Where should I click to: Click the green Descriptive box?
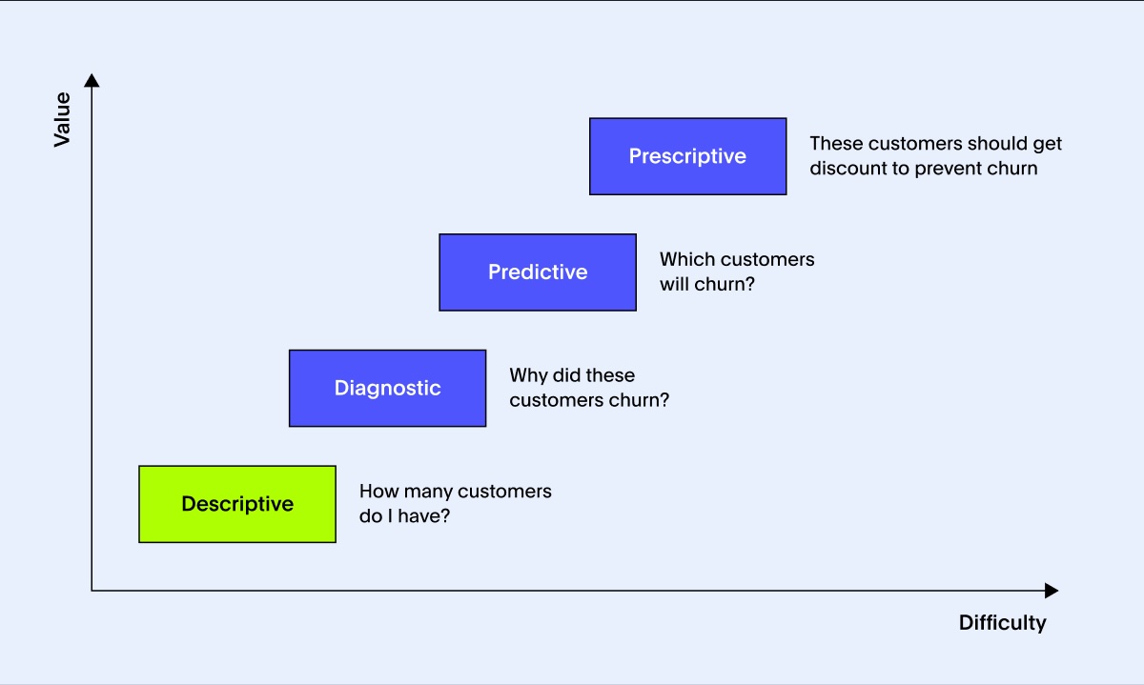coord(237,504)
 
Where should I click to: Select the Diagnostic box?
coord(387,388)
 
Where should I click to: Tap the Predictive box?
coord(538,272)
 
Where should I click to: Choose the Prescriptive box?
coord(687,156)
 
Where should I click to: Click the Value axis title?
coord(62,119)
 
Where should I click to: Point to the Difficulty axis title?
coord(1002,623)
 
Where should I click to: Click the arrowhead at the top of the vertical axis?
coord(92,80)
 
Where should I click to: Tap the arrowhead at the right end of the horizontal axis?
coord(1052,591)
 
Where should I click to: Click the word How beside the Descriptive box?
coord(378,492)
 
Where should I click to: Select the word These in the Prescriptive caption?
coord(836,144)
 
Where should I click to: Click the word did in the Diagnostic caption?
coord(568,375)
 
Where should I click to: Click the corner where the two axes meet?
coord(92,591)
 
